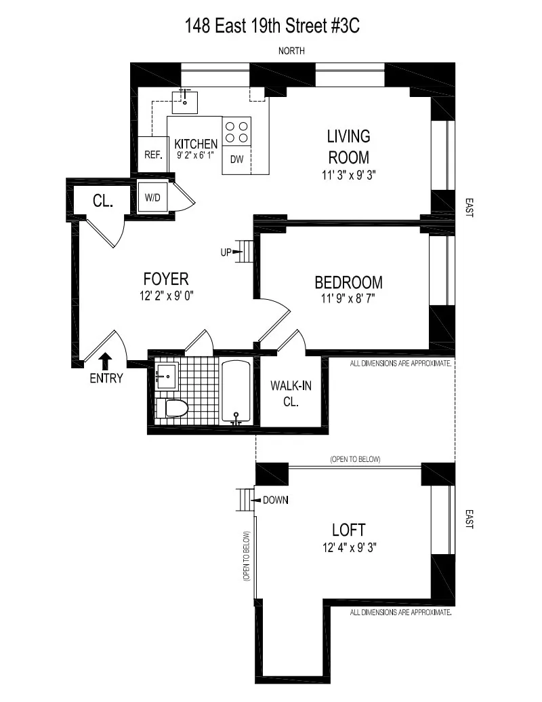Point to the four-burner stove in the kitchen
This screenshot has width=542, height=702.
click(236, 132)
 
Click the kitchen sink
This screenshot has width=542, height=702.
click(186, 102)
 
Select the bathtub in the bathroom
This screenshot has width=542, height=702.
click(236, 391)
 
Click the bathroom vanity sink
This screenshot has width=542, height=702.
click(166, 374)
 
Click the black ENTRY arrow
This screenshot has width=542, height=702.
click(106, 359)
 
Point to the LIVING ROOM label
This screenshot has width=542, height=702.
click(349, 147)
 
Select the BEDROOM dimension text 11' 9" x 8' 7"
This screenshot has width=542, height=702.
click(348, 299)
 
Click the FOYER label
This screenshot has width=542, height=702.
click(166, 279)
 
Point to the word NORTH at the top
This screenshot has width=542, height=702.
click(291, 51)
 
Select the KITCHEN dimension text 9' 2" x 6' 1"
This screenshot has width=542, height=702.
click(196, 155)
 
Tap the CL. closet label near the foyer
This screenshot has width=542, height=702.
click(102, 201)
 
